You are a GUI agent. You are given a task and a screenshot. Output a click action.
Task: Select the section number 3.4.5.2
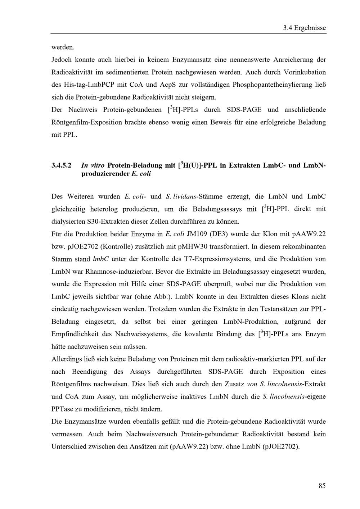point(62,165)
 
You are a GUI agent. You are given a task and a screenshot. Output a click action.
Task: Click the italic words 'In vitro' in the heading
point(93,165)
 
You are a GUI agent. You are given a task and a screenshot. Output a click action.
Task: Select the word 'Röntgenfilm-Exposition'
point(86,122)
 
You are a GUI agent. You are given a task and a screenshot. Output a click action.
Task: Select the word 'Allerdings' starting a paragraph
point(67,359)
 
